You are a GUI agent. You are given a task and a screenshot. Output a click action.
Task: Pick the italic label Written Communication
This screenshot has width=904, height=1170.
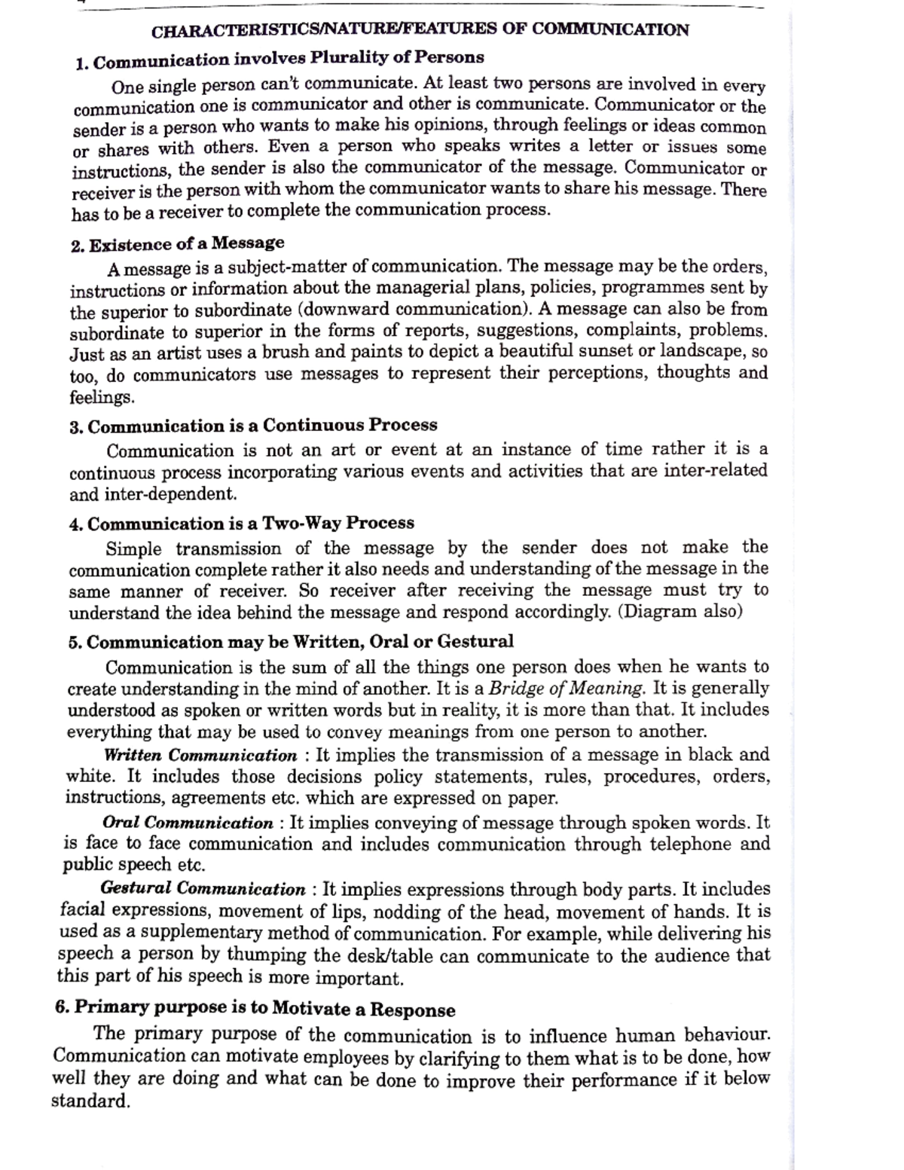(200, 756)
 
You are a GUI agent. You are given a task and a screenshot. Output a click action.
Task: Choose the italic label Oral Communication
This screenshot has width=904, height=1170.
(188, 823)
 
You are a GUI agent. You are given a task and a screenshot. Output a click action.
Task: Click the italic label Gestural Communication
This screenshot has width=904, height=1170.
(203, 890)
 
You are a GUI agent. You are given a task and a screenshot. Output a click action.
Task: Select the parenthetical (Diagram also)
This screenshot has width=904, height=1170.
(680, 611)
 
